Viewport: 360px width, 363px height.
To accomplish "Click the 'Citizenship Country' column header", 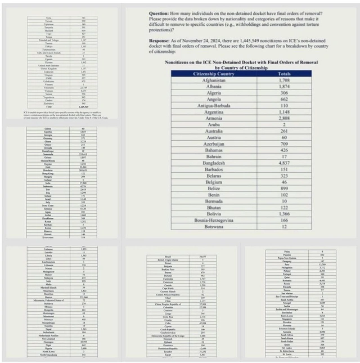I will click(x=214, y=74).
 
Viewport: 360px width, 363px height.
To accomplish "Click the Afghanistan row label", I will click(x=214, y=80).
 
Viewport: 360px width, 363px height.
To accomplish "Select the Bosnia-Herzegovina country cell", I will click(x=214, y=219).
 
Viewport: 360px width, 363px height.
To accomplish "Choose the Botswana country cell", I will click(x=214, y=227).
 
